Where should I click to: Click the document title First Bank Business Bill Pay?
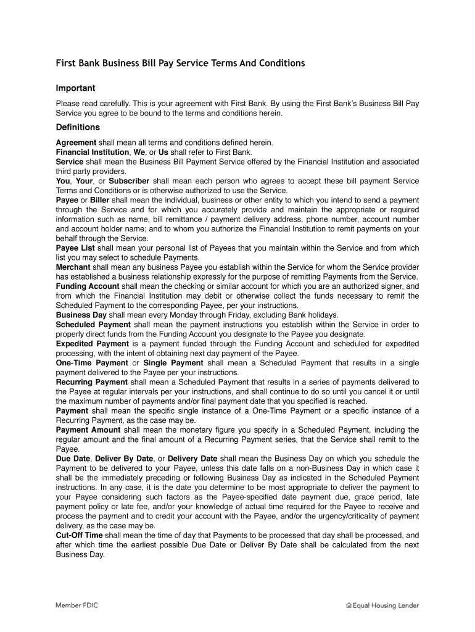tap(180, 64)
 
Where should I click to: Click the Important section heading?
tap(75, 88)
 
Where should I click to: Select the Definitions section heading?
tap(78, 127)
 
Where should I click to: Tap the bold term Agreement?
tap(76, 143)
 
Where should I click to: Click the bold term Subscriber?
tap(130, 181)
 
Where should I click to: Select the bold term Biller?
tap(100, 201)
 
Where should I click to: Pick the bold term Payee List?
tap(75, 248)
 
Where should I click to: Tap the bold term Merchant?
tap(73, 267)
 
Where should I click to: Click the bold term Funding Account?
tap(88, 286)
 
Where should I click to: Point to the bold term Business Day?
tap(82, 315)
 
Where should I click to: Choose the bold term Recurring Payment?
tap(92, 382)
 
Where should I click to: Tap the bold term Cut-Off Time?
tap(79, 535)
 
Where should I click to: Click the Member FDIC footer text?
tap(77, 605)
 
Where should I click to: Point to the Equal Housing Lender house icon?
tap(349, 606)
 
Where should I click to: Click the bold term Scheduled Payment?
tap(93, 325)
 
